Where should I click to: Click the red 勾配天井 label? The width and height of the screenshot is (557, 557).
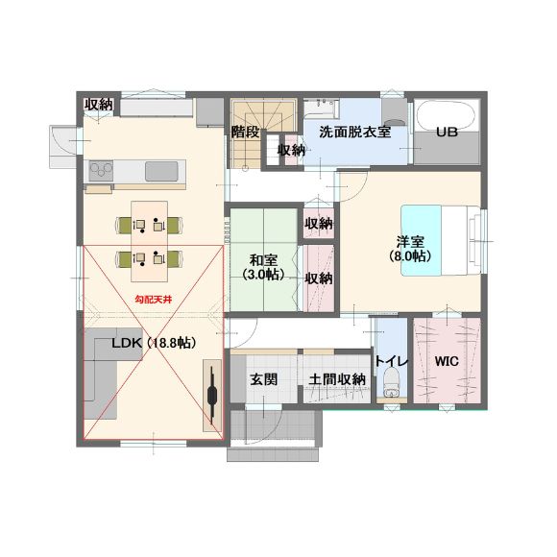[154, 300]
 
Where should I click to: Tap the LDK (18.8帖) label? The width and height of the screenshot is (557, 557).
[154, 343]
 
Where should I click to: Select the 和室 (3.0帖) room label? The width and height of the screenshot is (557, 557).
[263, 267]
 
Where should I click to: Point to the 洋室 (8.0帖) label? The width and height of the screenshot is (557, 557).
[410, 249]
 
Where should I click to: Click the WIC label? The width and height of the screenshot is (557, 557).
[447, 361]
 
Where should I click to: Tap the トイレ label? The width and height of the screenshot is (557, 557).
[392, 361]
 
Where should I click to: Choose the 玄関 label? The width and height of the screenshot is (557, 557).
[263, 379]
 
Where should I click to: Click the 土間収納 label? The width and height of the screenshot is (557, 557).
[337, 379]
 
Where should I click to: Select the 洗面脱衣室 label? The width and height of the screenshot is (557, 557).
[355, 133]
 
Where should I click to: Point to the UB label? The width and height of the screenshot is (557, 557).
[447, 133]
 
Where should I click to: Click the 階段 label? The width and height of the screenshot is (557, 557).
[245, 133]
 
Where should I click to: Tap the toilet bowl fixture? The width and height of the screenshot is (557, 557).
[391, 382]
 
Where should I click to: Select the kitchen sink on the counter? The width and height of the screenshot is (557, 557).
[161, 171]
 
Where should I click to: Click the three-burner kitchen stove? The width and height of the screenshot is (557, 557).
[101, 171]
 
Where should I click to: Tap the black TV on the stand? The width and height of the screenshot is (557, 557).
[212, 396]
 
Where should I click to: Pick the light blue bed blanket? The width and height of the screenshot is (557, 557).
[422, 240]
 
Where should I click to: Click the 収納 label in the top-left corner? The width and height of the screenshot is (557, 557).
[98, 105]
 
